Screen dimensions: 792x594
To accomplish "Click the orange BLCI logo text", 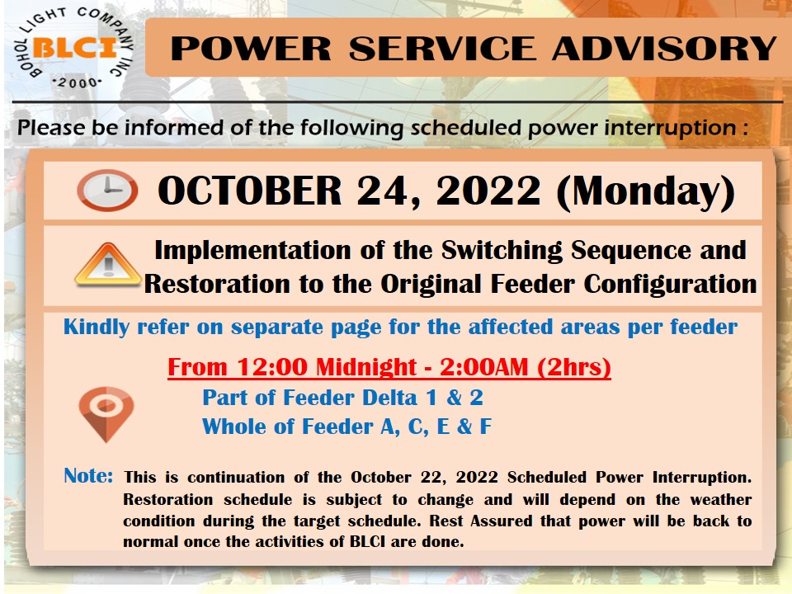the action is pyautogui.click(x=75, y=48).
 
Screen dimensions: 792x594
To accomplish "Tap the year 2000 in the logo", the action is pyautogui.click(x=78, y=82).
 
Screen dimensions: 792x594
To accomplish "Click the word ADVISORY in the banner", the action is pyautogui.click(x=664, y=49).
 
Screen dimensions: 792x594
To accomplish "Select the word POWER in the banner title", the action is pyautogui.click(x=251, y=49).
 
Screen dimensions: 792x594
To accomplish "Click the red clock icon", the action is pyautogui.click(x=107, y=191).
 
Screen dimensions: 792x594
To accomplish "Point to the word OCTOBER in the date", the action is pyautogui.click(x=250, y=191).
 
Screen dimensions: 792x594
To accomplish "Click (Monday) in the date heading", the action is pyautogui.click(x=645, y=192).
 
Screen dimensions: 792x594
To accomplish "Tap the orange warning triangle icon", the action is pyautogui.click(x=107, y=265).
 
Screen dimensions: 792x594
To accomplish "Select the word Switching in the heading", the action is pyautogui.click(x=502, y=251).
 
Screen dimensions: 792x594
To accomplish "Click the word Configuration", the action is pyautogui.click(x=670, y=285).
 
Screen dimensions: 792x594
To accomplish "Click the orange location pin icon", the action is pyautogui.click(x=106, y=414).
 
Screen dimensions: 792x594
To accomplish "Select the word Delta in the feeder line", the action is pyautogui.click(x=390, y=398).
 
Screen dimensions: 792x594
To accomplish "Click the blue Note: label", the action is pyautogui.click(x=88, y=476).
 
